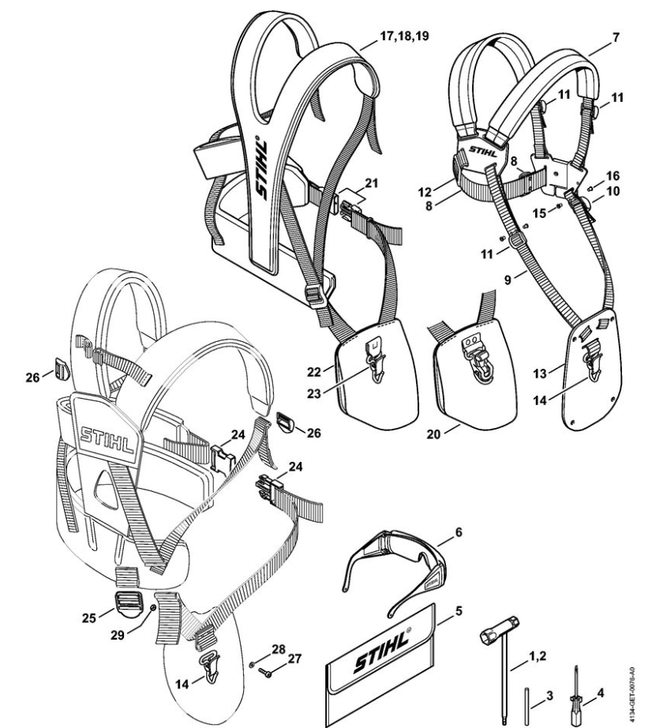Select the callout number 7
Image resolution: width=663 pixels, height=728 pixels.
(x=616, y=36)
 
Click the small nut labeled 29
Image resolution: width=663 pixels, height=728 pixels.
(x=152, y=606)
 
